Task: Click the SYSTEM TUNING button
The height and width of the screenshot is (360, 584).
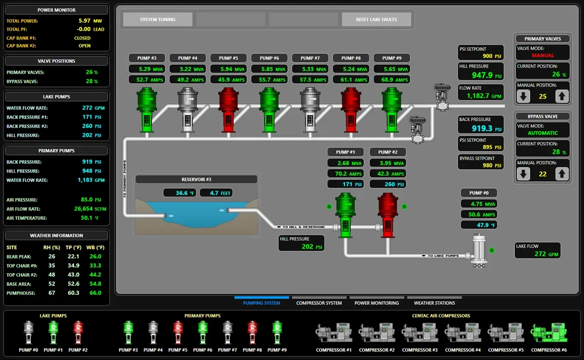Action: click(x=158, y=19)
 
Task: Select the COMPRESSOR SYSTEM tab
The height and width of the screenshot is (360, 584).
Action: click(x=319, y=303)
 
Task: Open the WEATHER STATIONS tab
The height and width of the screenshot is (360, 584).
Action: click(x=434, y=303)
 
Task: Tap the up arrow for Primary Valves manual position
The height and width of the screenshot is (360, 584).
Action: click(x=562, y=96)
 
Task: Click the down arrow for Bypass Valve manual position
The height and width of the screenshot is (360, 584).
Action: click(x=523, y=174)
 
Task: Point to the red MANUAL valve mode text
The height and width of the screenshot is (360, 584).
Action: click(x=543, y=55)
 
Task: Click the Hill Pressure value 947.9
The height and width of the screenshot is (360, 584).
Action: click(x=482, y=75)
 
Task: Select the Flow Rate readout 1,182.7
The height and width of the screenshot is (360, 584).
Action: click(x=484, y=96)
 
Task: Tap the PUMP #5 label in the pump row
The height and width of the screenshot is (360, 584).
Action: click(x=228, y=58)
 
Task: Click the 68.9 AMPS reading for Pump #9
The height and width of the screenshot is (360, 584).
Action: click(x=391, y=80)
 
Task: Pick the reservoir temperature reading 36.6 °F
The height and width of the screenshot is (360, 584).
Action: click(x=182, y=193)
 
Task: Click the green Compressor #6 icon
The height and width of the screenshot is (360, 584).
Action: click(x=549, y=333)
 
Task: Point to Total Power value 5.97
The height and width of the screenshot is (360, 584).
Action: click(x=85, y=20)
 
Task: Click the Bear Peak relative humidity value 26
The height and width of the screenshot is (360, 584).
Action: click(x=52, y=256)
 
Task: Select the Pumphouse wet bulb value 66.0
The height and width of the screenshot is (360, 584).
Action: click(x=95, y=293)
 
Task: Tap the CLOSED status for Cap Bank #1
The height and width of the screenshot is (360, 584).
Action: click(x=82, y=38)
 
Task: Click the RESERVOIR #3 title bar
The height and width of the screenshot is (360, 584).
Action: click(x=196, y=180)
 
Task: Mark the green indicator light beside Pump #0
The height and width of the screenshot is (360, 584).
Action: click(x=492, y=250)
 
